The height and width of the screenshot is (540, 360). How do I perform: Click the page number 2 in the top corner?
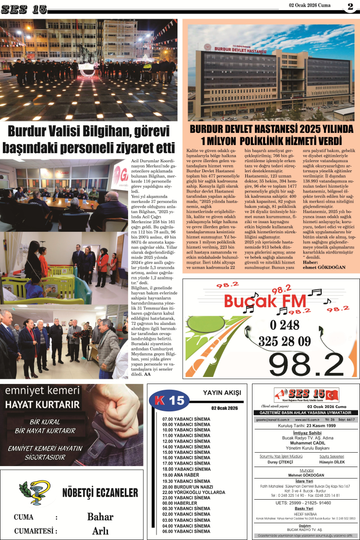pos(349,7)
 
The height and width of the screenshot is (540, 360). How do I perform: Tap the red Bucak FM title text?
pos(265,301)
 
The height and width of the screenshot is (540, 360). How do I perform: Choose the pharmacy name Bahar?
pos(100,516)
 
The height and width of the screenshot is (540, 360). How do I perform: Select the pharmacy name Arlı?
pos(100,531)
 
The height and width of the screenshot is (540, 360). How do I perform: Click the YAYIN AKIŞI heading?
pos(222,393)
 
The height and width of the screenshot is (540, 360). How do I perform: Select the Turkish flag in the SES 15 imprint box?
pos(332,395)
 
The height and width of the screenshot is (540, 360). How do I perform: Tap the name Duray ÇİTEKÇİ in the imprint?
pos(279,462)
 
